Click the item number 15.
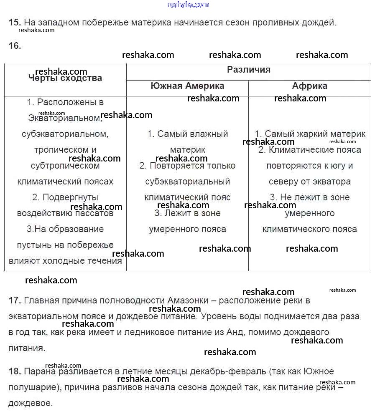tap(14, 23)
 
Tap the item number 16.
tap(14, 46)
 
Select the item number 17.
tap(14, 300)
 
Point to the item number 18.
tap(14, 371)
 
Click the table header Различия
tap(249, 70)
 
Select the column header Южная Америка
tap(187, 86)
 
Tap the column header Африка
tap(309, 86)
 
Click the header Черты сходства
tap(65, 78)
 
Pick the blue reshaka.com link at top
tap(188, 5)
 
